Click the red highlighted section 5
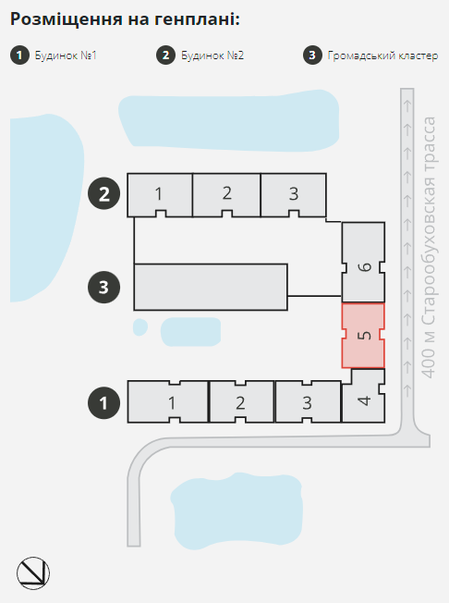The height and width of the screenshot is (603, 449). pos(363,336)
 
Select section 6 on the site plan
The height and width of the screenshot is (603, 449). pos(363,263)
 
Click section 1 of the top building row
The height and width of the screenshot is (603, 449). pos(160,195)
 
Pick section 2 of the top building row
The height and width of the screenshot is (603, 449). pos(226,195)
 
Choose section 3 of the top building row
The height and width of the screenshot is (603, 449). pos(294,195)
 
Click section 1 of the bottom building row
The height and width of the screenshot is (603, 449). pos(168,402)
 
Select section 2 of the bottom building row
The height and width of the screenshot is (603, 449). pos(241,402)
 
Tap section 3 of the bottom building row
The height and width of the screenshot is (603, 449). pos(308,402)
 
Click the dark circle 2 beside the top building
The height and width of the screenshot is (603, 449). pos(104,194)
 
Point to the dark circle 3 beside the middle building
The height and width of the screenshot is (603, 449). pos(104,288)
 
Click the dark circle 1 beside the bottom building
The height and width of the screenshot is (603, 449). pos(104,402)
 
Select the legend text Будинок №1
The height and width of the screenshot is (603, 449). pos(66,55)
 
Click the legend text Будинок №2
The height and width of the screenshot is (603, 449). pos(212,55)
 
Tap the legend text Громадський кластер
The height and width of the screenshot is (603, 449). pos(382,55)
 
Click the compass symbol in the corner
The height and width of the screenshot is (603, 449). pos(33,573)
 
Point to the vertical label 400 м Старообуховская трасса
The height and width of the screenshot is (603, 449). pos(429,247)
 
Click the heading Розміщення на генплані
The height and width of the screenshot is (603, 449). pos(126,18)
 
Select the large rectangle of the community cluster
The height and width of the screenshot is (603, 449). pos(211,287)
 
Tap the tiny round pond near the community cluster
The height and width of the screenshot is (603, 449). pos(140,327)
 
